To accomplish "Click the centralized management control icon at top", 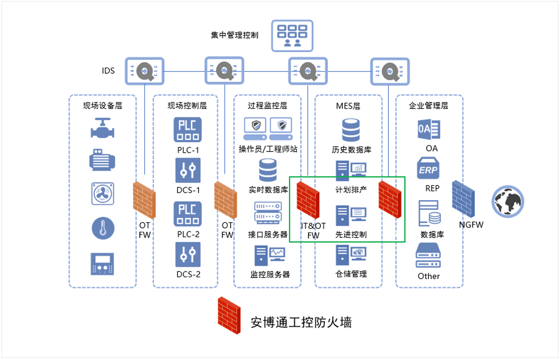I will pos(292,35).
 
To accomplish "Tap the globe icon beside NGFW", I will pos(507,201).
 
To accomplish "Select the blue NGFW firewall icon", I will pos(465,200).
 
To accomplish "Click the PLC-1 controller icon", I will pos(188,130).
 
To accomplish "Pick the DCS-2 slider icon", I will pos(188,255).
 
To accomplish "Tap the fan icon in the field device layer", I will pos(103,194).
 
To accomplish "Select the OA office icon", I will pos(429,129).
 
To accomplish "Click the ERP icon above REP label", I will pos(428,169).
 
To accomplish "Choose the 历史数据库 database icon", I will pos(351,130).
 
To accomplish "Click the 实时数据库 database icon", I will pos(267,170).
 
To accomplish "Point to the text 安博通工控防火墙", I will pos(301,322).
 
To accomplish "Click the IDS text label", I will pos(108,70).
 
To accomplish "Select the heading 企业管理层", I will pos(428,105).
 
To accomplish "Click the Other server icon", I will pos(428,256).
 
